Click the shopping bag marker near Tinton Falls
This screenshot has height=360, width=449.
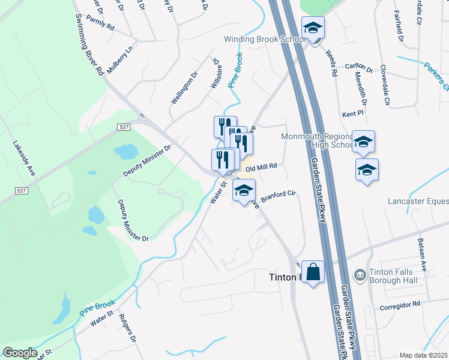coord(313,272)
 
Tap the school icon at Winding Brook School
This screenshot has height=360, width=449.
coord(313,28)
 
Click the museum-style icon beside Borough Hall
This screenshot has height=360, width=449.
coord(360,275)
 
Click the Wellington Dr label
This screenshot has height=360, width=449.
coord(184,88)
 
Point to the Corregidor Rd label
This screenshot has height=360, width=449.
coord(400,306)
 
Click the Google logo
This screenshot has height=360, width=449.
coord(20,352)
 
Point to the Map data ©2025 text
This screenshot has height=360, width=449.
coord(423,355)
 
